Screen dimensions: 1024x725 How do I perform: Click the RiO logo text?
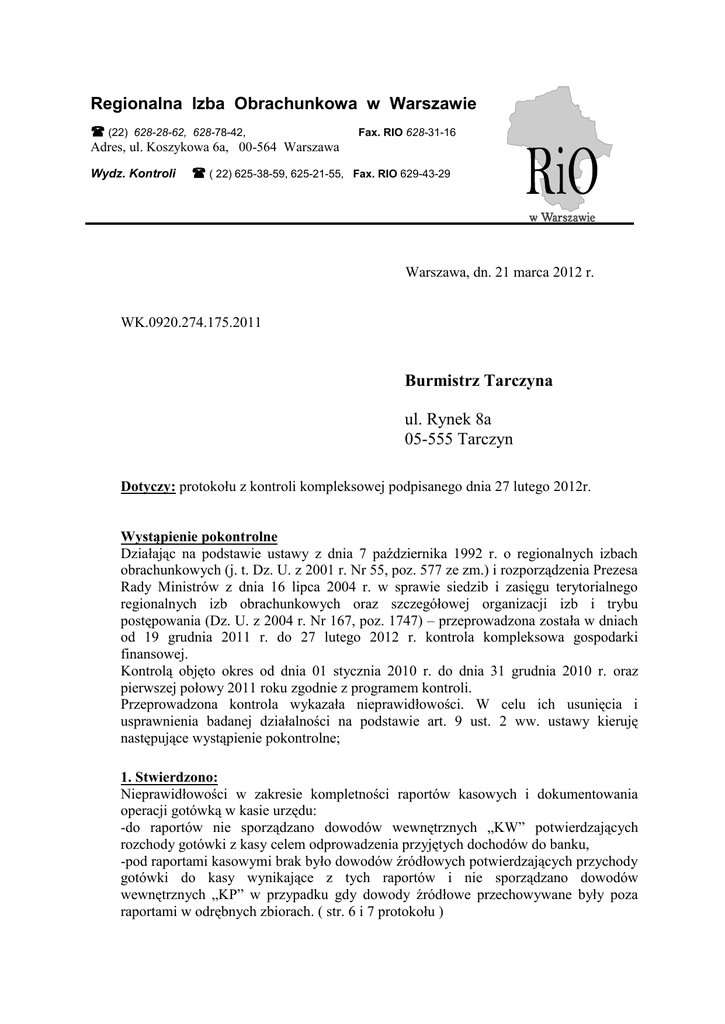click(558, 178)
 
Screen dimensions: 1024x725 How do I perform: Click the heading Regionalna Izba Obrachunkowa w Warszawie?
click(284, 103)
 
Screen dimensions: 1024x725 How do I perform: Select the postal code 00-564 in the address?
click(258, 147)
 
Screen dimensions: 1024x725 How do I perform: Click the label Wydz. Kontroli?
click(134, 173)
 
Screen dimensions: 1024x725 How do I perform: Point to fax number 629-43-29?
click(425, 173)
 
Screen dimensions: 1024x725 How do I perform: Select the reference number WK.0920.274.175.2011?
click(191, 322)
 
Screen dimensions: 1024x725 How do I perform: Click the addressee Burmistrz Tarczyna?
click(479, 381)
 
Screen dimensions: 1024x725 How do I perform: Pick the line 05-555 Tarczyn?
click(459, 440)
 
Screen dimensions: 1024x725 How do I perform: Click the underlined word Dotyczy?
click(148, 486)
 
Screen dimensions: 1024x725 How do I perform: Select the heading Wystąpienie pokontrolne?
click(199, 535)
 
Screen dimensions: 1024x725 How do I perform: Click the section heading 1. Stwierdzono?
click(168, 777)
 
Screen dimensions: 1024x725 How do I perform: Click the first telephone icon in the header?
click(98, 131)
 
